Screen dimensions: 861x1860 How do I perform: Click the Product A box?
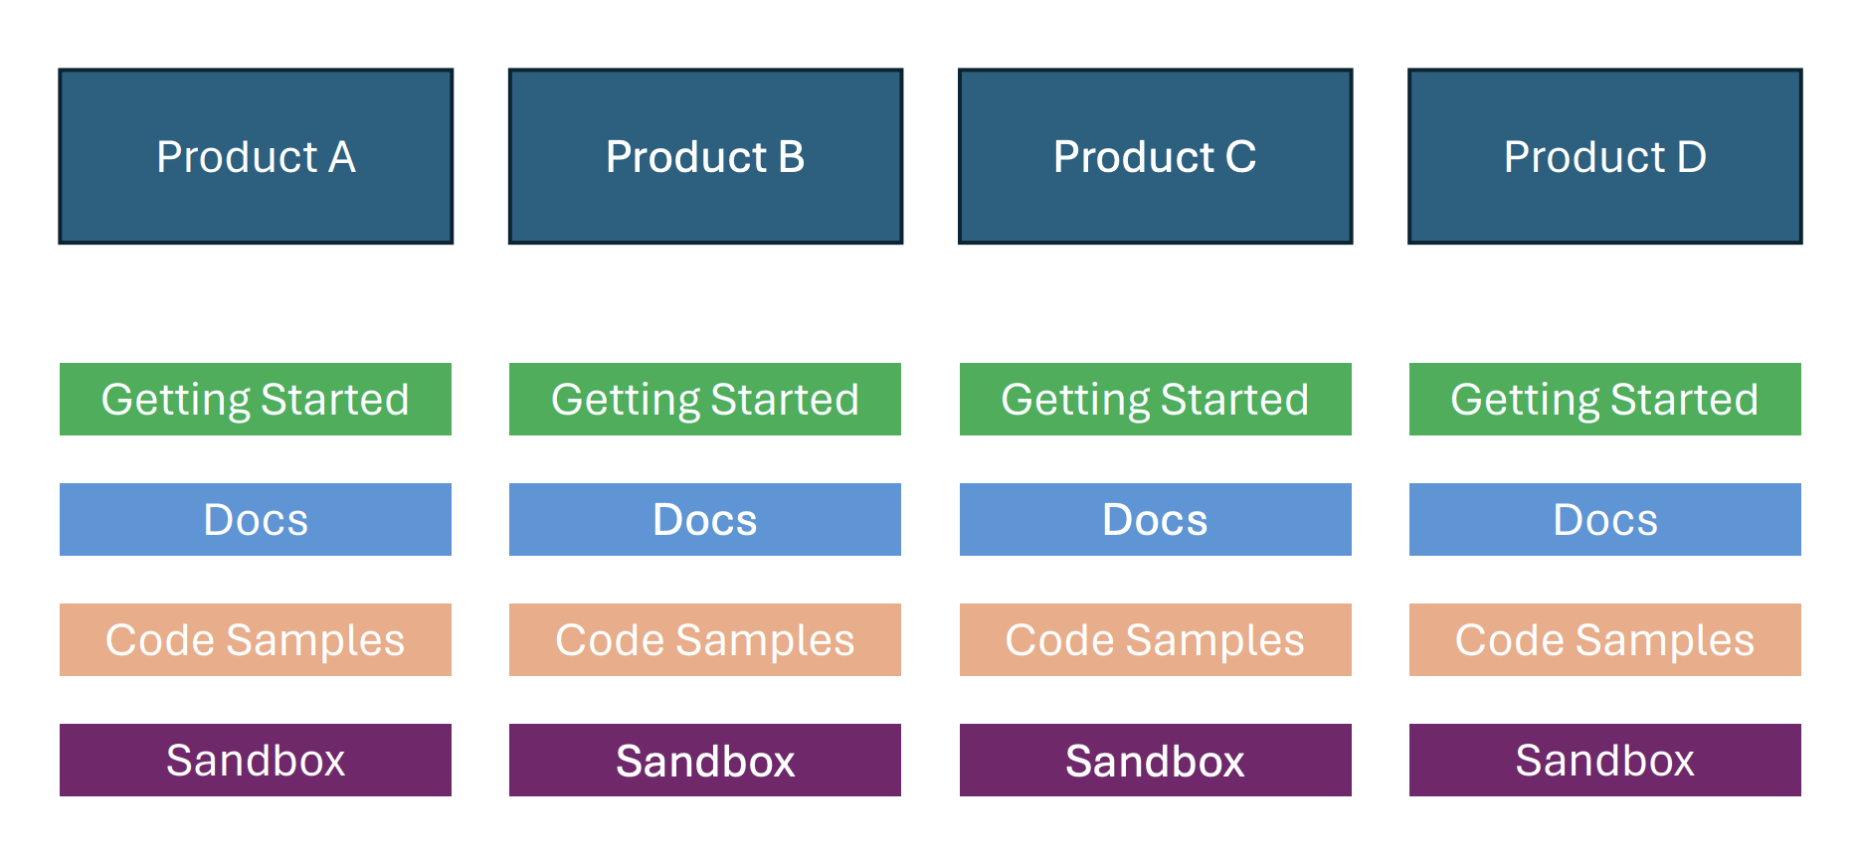(256, 156)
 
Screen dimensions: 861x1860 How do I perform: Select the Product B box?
(705, 156)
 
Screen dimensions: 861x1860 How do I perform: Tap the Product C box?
(1155, 156)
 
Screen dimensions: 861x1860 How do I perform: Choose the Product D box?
(1604, 156)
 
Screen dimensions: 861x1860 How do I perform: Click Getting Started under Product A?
(256, 399)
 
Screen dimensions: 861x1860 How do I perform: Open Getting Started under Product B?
(705, 399)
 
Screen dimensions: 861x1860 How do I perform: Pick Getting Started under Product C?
(1155, 399)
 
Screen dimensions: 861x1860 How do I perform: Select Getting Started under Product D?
(1604, 399)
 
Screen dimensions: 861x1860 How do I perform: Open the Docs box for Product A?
(256, 519)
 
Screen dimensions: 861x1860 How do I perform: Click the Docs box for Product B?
(705, 519)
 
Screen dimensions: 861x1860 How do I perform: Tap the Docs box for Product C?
(1155, 519)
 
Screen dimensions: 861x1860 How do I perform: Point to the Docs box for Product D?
(1604, 519)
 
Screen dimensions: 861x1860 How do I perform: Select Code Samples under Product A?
(256, 639)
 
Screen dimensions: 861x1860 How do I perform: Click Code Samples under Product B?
(705, 639)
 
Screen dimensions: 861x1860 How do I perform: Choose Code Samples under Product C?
(1155, 639)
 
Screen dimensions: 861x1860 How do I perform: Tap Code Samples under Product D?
(1604, 639)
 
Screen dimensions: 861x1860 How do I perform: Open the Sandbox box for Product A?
(256, 760)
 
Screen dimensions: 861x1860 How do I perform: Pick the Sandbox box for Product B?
(705, 760)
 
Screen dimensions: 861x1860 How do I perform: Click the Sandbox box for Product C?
(1155, 760)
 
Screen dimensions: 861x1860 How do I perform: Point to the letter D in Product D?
(1691, 157)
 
